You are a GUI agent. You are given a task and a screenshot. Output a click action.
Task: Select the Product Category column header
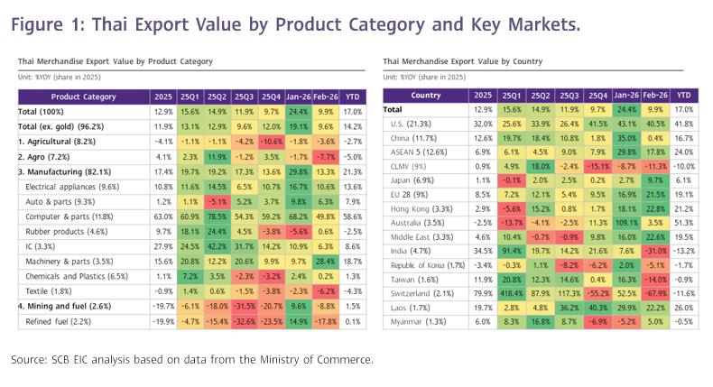pos(83,97)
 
